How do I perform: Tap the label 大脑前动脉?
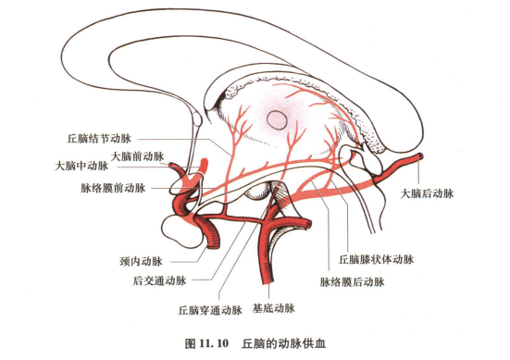(x=137, y=155)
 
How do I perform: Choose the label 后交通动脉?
(x=160, y=279)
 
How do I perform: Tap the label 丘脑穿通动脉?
(x=211, y=310)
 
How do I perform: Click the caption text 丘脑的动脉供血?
(x=279, y=343)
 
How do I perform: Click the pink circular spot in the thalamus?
(x=277, y=118)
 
